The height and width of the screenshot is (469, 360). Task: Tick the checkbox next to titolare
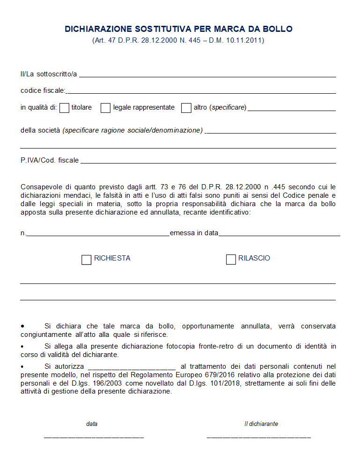pos(65,108)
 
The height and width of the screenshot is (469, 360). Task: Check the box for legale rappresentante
pos(105,108)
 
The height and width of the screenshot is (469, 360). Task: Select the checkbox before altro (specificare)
pos(186,108)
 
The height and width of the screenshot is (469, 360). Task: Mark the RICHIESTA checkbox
pos(86,260)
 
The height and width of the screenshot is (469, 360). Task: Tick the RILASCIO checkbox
pos(231,260)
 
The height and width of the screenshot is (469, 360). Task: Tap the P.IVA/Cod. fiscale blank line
pos(208,163)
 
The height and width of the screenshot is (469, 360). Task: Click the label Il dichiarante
pos(261,424)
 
